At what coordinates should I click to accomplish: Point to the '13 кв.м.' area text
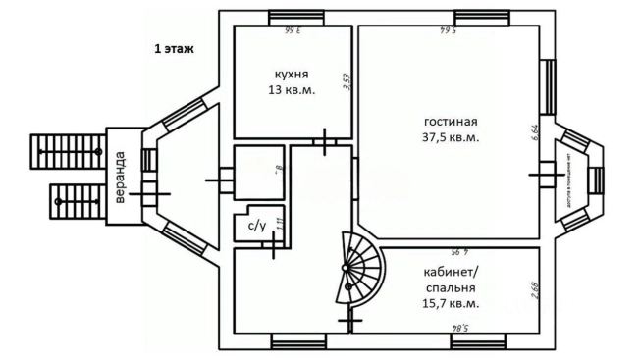291,89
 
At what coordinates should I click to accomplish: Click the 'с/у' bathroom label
257,227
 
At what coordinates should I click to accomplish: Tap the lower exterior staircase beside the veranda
75,202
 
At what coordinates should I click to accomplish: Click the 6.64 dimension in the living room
535,133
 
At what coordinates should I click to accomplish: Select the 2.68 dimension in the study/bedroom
530,291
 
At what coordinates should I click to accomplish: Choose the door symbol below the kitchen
325,141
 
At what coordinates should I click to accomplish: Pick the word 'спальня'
451,289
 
